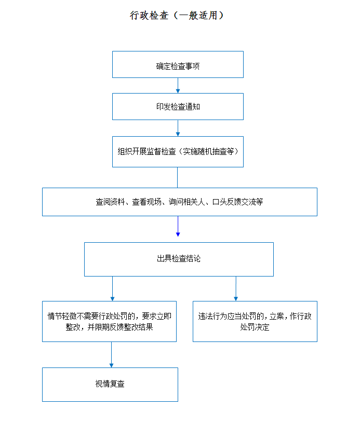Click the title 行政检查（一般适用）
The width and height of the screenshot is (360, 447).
point(177,15)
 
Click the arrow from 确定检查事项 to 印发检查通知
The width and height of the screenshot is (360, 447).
point(178,85)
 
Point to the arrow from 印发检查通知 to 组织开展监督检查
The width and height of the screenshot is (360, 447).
point(178,128)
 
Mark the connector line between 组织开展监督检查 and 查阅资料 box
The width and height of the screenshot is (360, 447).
point(178,177)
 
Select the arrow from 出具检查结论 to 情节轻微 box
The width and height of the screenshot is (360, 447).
point(113,288)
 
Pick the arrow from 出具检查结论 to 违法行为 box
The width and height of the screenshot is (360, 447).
point(236,288)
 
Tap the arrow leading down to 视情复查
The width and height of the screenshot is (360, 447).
point(111,354)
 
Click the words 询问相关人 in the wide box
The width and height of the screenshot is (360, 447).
point(186,202)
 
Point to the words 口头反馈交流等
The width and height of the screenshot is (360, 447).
point(237,202)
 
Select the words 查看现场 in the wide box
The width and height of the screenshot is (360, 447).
point(146,202)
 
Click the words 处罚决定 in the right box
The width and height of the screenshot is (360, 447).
point(255,327)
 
